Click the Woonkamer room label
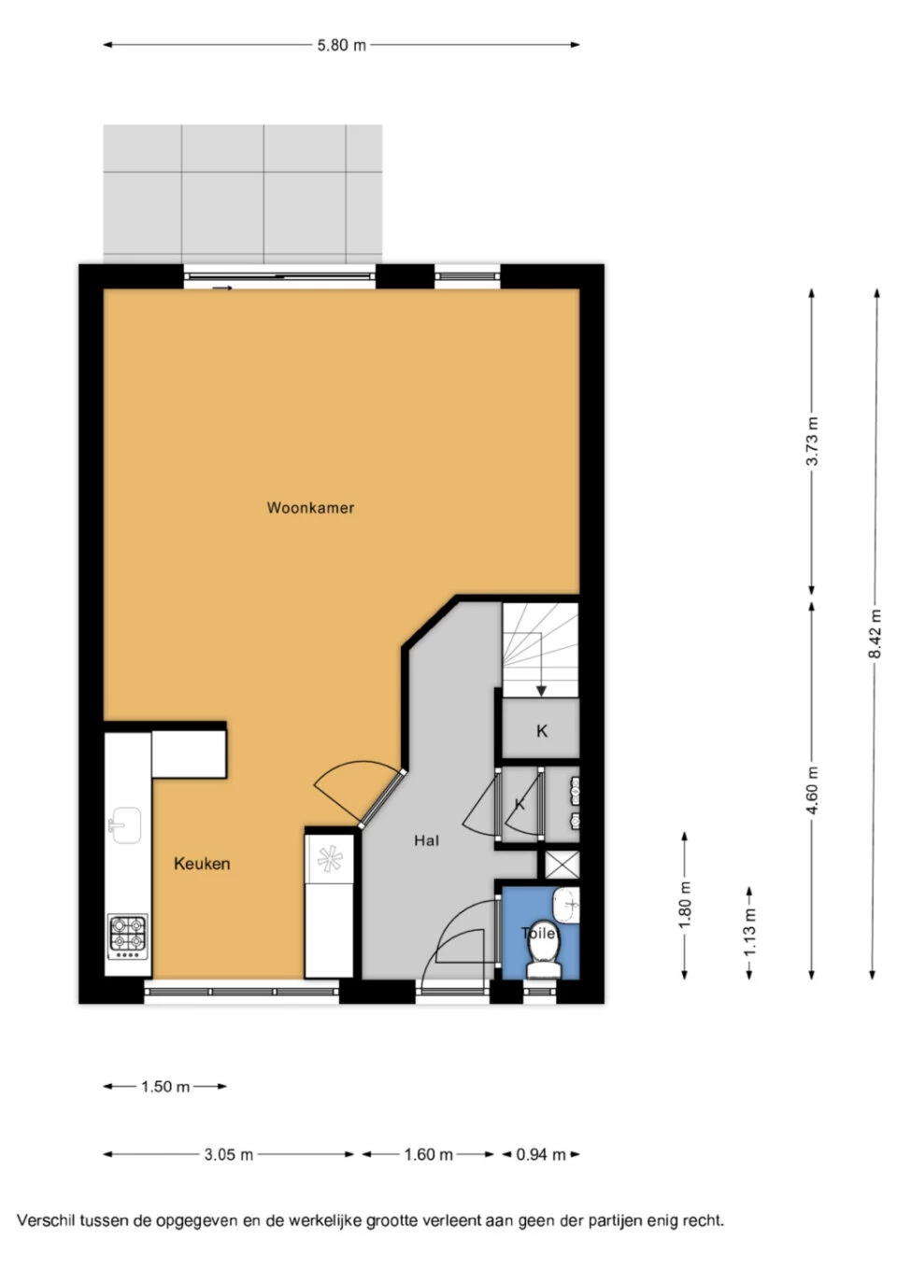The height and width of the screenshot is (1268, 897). tap(310, 508)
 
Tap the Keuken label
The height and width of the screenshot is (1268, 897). tap(202, 864)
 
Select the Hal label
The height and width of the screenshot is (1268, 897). tap(426, 840)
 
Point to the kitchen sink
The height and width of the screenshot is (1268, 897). tap(125, 825)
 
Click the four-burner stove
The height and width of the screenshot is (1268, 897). tap(127, 937)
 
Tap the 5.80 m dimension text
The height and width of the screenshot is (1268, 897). tap(341, 45)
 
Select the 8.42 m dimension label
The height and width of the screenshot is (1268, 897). tap(876, 633)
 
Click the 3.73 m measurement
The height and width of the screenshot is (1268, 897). tap(812, 441)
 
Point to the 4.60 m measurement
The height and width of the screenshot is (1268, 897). tap(812, 791)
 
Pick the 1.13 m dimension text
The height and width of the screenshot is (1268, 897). tap(749, 932)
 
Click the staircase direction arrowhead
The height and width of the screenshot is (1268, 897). tap(541, 691)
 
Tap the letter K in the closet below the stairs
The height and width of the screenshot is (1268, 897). tap(542, 731)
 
